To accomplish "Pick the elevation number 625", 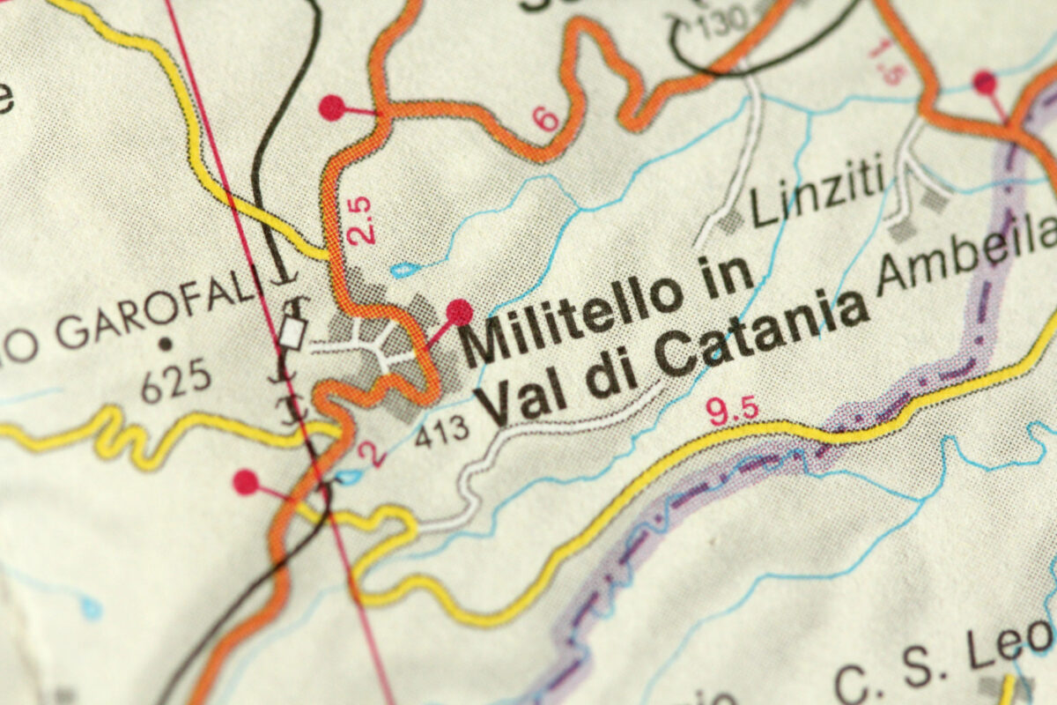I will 176,382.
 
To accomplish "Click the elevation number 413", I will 442,430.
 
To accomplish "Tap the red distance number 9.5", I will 734,410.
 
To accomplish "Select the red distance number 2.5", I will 359,220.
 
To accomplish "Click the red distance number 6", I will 547,118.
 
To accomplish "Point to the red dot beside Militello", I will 459,312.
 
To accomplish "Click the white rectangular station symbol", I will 292,333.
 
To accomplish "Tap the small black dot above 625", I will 165,342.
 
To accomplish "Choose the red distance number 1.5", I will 887,60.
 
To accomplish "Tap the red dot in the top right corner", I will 985,83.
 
